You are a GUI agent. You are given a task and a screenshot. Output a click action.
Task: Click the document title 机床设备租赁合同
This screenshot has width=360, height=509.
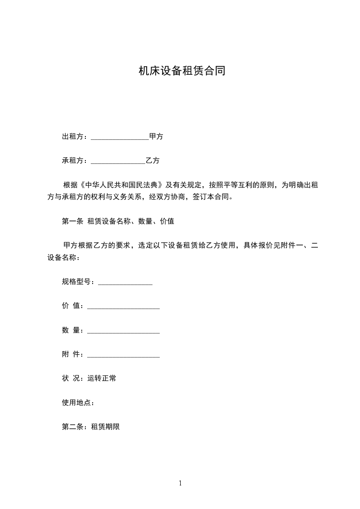[182, 71]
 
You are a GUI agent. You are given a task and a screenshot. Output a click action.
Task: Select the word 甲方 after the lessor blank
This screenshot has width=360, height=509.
[156, 137]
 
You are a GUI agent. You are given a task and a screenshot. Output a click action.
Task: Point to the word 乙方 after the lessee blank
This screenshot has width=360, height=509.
[153, 161]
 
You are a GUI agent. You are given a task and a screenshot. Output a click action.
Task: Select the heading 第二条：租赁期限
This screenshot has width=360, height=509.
[91, 427]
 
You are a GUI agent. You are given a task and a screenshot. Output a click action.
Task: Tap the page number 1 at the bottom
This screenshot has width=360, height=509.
[180, 483]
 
